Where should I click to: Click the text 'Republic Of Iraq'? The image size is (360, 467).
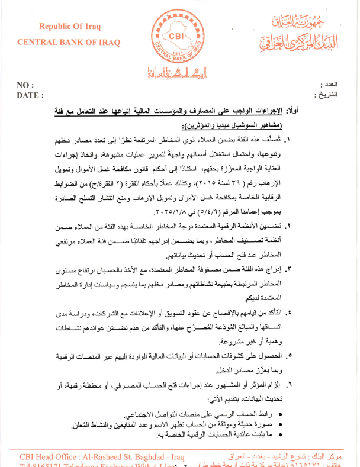point(70,26)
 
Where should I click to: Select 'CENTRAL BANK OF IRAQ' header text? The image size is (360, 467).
point(69,42)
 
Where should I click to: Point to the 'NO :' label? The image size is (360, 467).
point(25,85)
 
